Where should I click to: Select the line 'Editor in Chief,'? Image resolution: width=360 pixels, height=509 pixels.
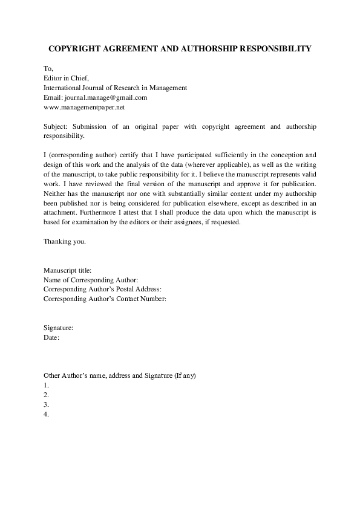[67, 78]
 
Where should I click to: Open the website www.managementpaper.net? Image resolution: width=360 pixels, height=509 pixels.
[84, 107]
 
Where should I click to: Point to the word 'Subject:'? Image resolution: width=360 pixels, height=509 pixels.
[56, 127]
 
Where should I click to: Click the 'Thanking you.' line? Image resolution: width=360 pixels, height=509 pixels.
[65, 242]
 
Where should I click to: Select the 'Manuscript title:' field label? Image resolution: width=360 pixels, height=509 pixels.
[68, 270]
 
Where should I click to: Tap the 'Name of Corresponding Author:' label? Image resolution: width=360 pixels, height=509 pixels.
[91, 280]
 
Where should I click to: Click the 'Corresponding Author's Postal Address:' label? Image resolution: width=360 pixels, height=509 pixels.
[102, 289]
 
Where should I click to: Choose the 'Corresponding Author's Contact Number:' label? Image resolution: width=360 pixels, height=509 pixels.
[105, 299]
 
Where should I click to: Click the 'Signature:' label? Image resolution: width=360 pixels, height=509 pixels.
[59, 328]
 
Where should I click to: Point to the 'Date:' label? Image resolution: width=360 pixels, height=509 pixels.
[51, 337]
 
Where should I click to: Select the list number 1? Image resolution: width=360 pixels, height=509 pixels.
[47, 385]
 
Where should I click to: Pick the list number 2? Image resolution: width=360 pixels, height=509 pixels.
[47, 395]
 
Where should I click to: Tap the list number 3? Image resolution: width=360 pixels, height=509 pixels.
[47, 404]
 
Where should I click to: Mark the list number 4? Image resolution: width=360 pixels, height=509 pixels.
[47, 414]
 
